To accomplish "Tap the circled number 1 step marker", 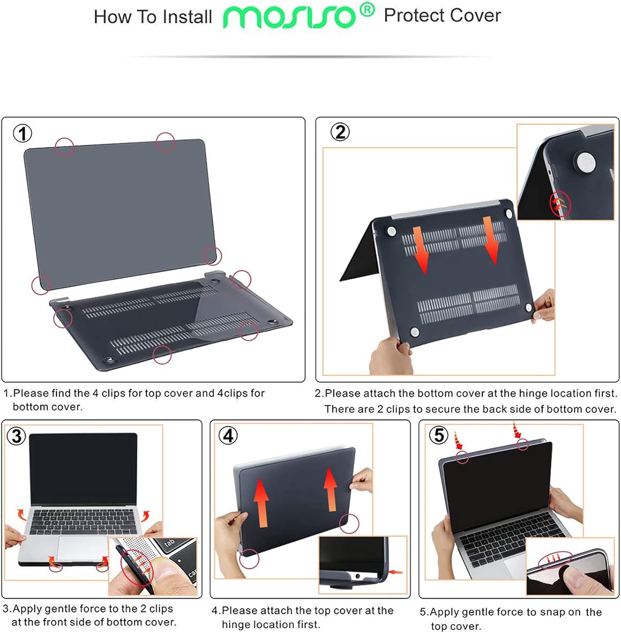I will (23, 134).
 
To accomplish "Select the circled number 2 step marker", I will (340, 132).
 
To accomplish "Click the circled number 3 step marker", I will (16, 436).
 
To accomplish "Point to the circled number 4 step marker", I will (228, 435).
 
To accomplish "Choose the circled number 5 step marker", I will (439, 435).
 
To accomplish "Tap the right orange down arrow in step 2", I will (490, 240).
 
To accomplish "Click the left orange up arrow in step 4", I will (262, 503).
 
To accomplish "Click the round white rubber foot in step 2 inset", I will (585, 163).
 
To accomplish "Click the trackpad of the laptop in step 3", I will (83, 548).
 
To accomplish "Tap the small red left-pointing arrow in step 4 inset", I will (396, 572).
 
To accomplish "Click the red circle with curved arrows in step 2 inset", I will (560, 205).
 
